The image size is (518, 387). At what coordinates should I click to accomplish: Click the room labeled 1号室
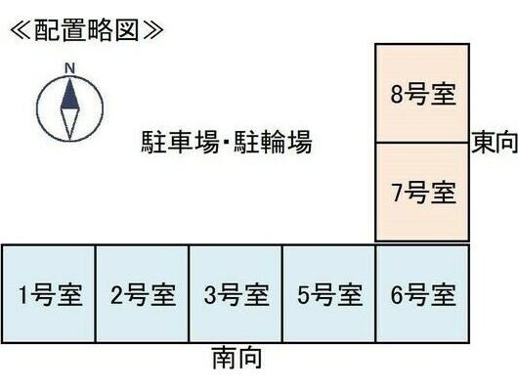tap(48, 293)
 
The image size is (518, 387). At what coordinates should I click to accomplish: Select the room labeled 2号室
tap(142, 293)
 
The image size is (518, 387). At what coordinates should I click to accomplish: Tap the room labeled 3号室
tap(236, 293)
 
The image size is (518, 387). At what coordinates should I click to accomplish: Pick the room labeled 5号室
tap(329, 293)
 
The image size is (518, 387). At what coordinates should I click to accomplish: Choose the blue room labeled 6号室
tap(422, 293)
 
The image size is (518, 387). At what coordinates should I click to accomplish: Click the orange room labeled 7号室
tap(422, 193)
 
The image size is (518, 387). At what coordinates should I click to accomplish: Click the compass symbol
tap(69, 107)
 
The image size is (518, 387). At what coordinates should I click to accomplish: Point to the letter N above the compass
tap(69, 67)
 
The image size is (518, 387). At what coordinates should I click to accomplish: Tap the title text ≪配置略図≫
tap(86, 28)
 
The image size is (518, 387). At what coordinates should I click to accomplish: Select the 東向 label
tap(494, 144)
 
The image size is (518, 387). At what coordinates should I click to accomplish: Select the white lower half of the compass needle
tap(69, 121)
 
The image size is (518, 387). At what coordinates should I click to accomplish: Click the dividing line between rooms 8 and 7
tap(422, 143)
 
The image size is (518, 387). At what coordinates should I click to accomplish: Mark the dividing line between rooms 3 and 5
tap(282, 293)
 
